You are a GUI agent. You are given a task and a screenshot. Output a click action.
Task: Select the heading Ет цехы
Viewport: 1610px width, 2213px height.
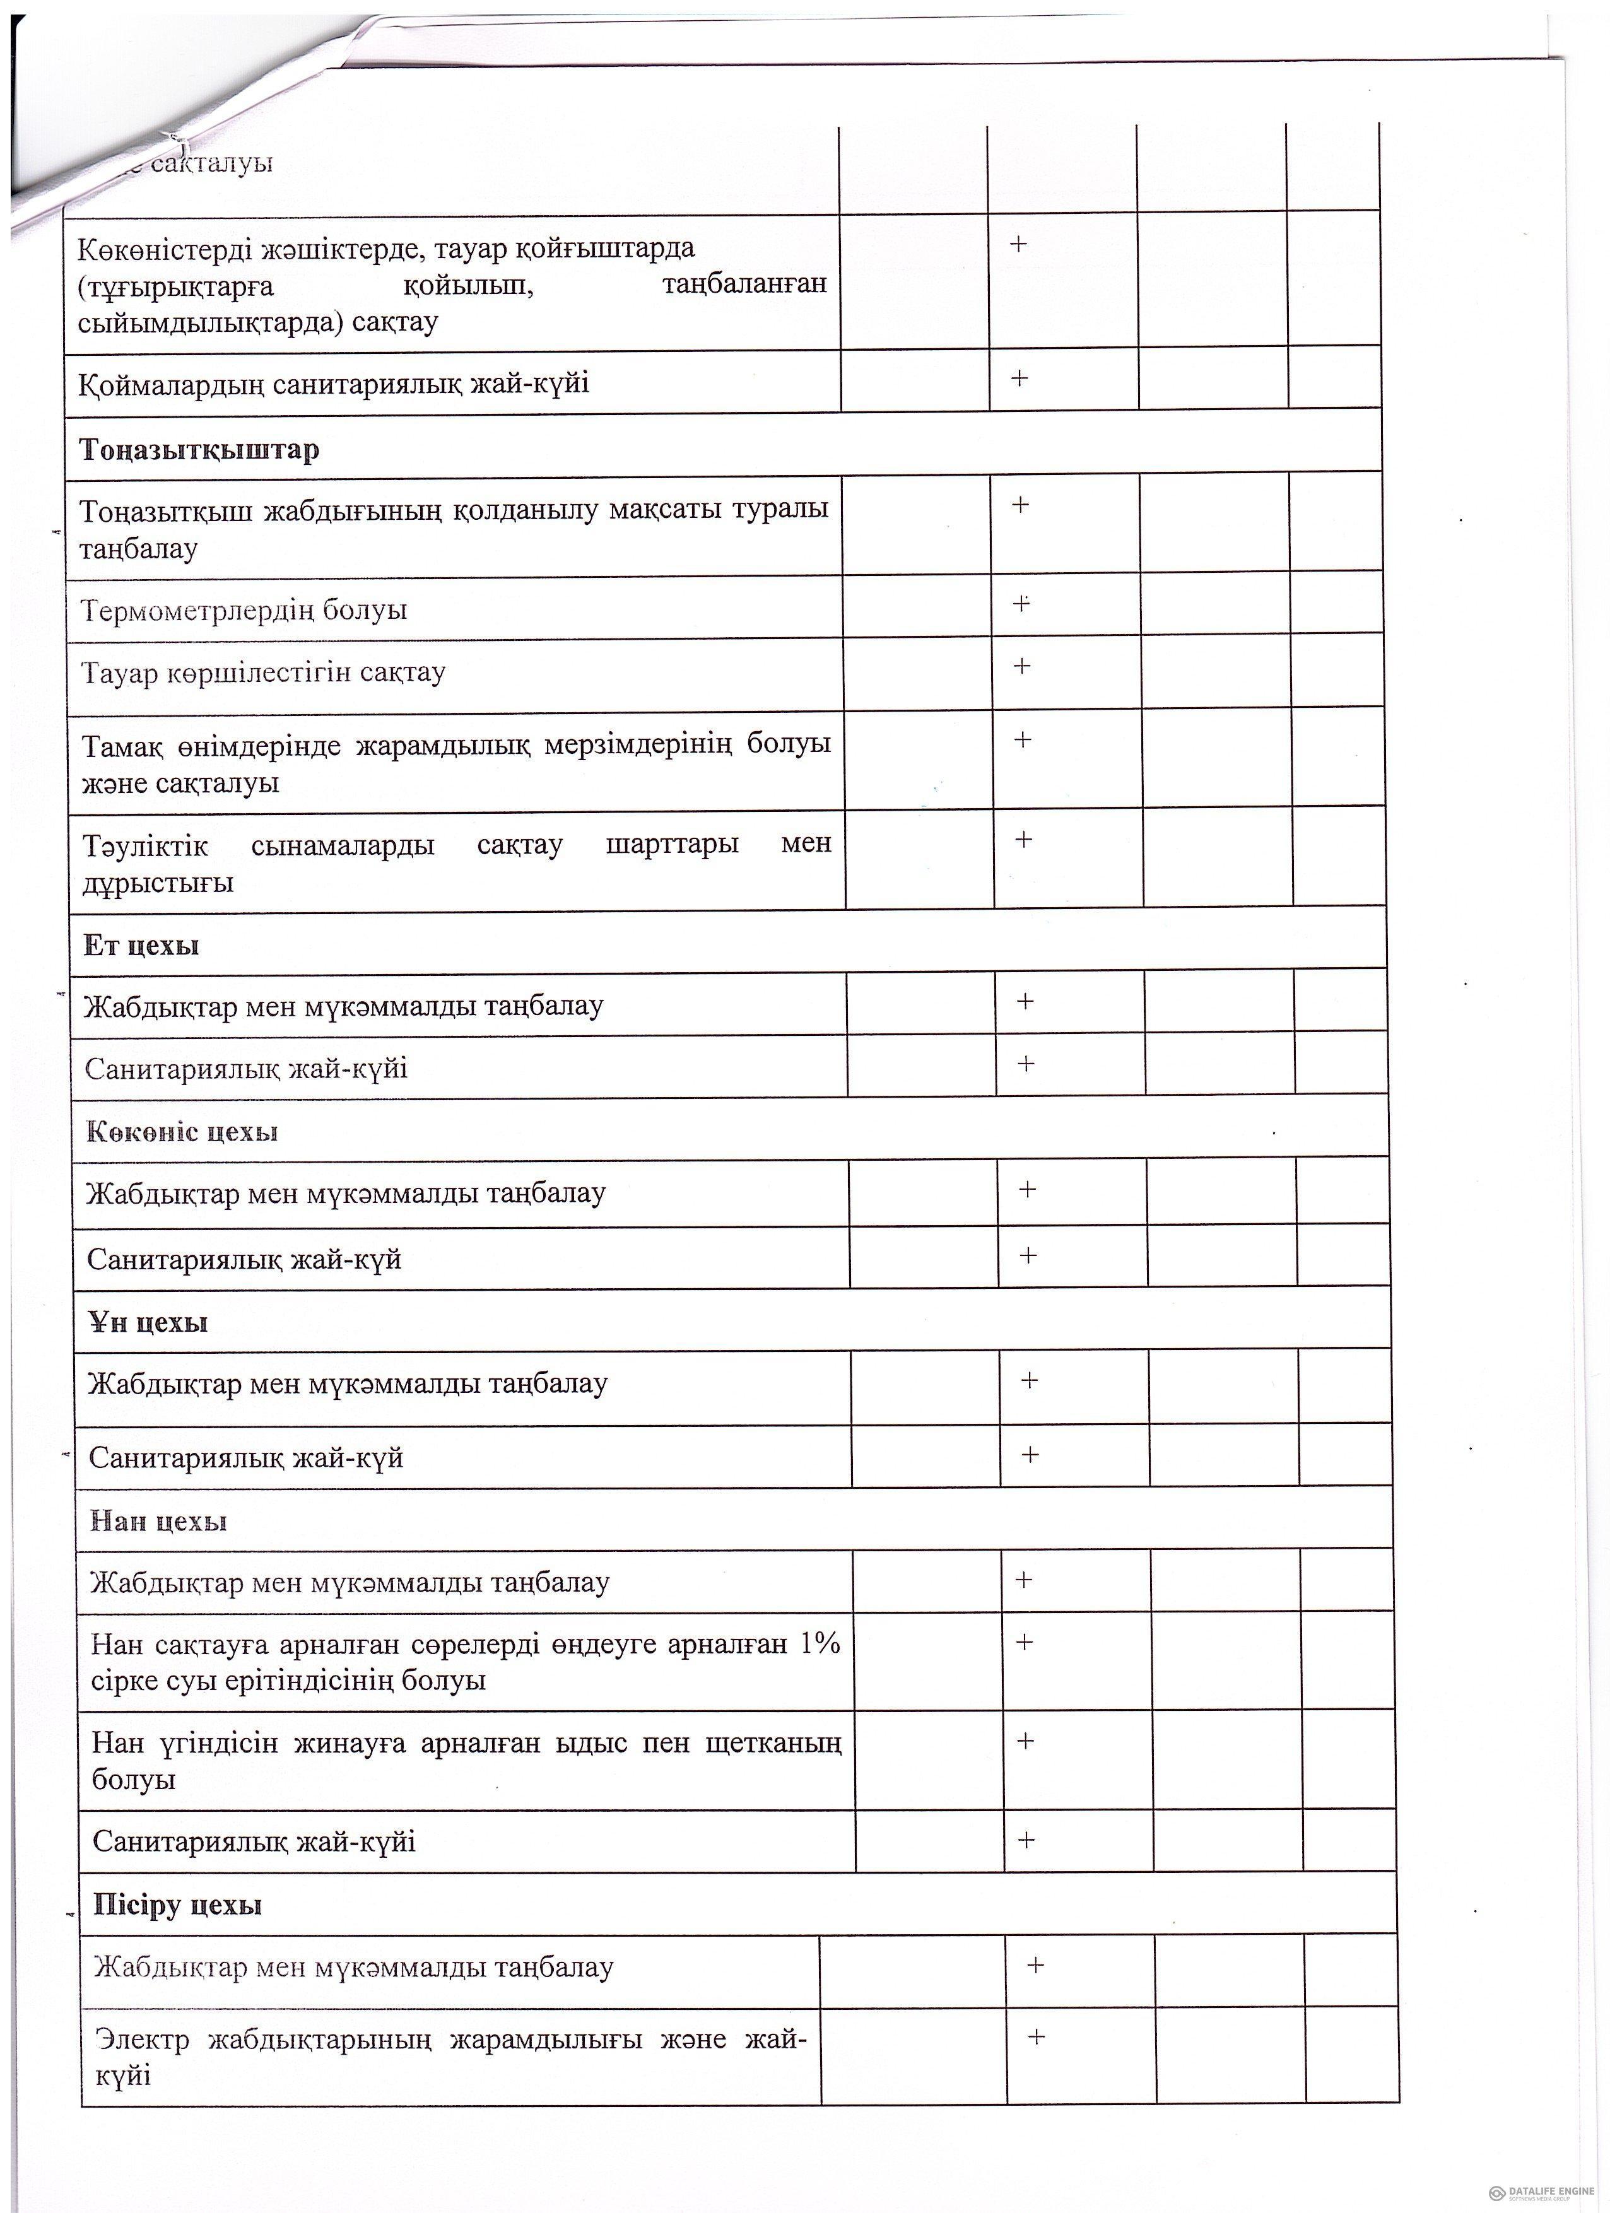(141, 946)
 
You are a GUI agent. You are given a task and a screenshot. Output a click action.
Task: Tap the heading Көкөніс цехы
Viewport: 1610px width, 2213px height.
(182, 1132)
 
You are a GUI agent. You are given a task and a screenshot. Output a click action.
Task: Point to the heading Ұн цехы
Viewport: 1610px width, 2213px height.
(148, 1322)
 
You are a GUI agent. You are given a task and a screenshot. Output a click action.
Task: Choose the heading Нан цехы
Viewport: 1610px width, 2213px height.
(158, 1521)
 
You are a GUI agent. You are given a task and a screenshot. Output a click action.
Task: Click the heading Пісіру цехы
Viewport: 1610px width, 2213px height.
(177, 1905)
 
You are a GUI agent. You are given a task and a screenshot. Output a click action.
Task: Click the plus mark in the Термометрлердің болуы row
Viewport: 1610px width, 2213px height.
(1021, 603)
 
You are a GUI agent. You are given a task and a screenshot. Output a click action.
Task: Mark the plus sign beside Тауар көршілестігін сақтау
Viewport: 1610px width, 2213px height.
(1021, 666)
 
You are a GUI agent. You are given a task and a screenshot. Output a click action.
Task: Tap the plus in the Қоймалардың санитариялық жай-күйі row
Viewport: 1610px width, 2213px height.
(1019, 378)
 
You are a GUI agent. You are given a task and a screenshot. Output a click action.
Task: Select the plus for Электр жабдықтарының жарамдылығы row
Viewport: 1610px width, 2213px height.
(1037, 2038)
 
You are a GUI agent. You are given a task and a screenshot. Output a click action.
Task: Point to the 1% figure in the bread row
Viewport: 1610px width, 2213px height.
(820, 1644)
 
